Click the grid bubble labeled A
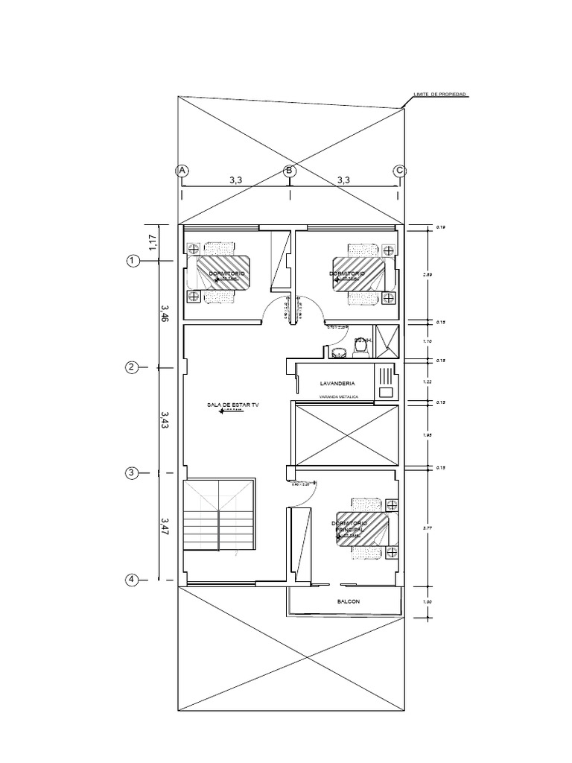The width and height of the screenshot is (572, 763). coord(180,171)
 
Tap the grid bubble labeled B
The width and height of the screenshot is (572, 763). coord(290,171)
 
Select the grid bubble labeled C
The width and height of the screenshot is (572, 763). coord(399,171)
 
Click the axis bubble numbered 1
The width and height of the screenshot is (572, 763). coord(133,261)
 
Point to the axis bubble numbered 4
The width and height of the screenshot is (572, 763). coord(132,580)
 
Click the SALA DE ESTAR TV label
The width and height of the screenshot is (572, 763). coord(233,405)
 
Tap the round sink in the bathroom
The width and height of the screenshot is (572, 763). coord(338,350)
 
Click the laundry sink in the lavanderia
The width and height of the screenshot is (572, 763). coord(386,391)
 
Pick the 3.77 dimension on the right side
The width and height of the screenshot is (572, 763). coord(427,528)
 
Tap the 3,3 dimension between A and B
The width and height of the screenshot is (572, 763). coord(235,180)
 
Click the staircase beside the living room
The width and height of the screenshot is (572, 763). coord(219,515)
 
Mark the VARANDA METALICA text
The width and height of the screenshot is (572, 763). coord(338,397)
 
